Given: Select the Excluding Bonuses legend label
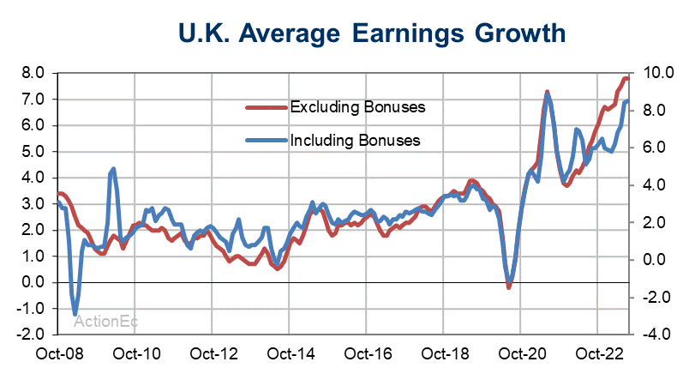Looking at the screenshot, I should click(358, 108).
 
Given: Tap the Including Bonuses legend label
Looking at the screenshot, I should click(355, 140).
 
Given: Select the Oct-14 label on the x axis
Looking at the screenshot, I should click(289, 353).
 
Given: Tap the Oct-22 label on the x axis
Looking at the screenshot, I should click(596, 353).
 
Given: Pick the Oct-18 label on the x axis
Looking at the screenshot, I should click(443, 353).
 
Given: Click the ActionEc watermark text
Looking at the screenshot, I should click(106, 322).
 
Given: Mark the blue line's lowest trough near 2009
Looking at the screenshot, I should click(75, 313).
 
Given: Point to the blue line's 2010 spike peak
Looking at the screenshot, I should click(114, 169).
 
